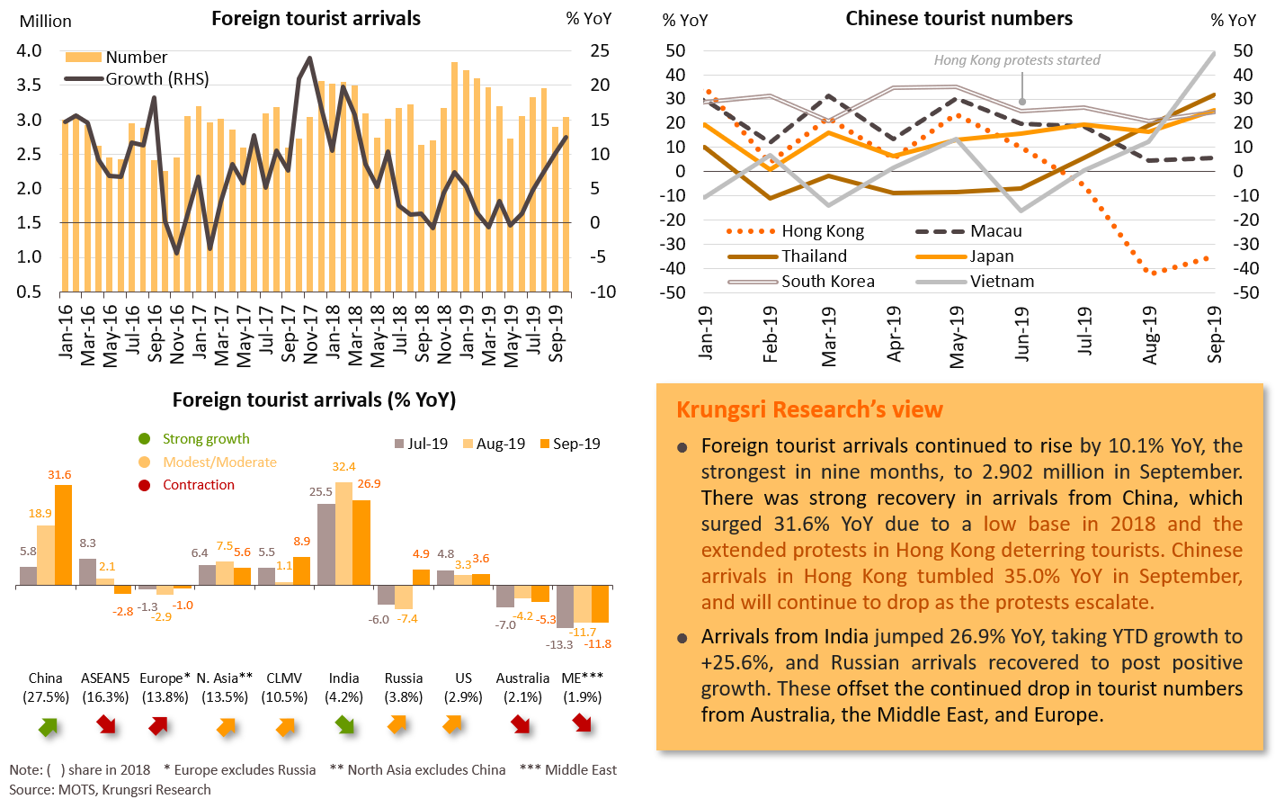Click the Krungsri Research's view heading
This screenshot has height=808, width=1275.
(x=809, y=410)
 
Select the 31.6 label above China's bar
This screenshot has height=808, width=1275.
(x=59, y=474)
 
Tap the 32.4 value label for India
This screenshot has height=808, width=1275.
(x=343, y=466)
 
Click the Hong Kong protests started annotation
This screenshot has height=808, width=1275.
(x=1016, y=60)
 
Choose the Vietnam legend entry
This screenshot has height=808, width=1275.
(x=976, y=282)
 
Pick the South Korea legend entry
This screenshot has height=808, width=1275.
(x=800, y=282)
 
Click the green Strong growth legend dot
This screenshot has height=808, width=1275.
(x=144, y=439)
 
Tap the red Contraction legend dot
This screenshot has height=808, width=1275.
(x=144, y=485)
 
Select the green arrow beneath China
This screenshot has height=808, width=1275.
(x=47, y=725)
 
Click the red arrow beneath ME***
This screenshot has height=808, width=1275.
(x=582, y=723)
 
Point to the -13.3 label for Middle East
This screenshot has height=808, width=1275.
(x=559, y=644)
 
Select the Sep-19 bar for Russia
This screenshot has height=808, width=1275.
(x=421, y=577)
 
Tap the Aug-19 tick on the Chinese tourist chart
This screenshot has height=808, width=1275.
(x=1150, y=335)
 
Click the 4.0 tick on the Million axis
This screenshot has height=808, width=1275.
(x=29, y=51)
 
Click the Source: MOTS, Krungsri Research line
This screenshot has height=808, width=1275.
(x=110, y=790)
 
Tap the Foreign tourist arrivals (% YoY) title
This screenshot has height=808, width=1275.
(x=314, y=400)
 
